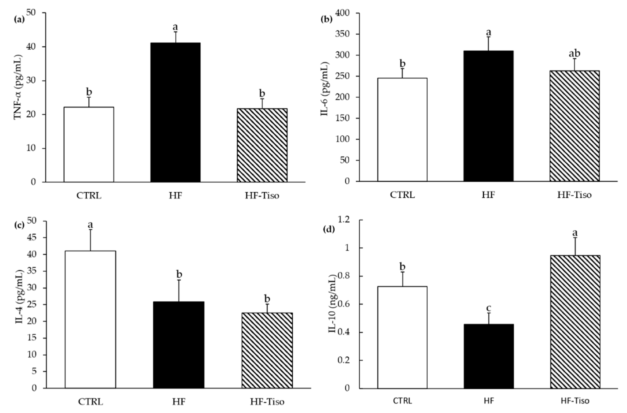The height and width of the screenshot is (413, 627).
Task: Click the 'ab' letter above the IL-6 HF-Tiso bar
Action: pos(574,53)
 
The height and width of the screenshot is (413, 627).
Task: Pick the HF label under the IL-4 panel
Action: pos(179,402)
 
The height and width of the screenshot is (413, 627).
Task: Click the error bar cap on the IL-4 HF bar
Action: pos(179,280)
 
